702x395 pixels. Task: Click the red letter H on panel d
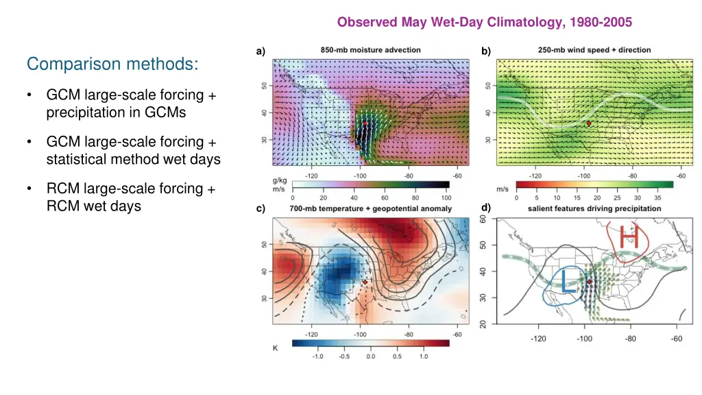coord(629,238)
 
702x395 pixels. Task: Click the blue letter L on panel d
coord(568,281)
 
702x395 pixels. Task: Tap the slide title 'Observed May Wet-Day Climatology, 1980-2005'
coord(484,22)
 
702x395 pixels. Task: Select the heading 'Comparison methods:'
coord(113,64)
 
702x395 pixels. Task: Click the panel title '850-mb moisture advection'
coord(371,50)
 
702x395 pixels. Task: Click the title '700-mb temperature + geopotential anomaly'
coord(370,208)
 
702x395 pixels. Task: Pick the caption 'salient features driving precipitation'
coord(594,208)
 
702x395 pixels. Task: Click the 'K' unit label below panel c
coord(276,348)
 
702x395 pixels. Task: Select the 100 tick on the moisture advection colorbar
coord(447,197)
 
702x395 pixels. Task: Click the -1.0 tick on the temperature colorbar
coord(318,357)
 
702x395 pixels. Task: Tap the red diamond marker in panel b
coord(589,123)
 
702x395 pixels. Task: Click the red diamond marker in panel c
coord(365,282)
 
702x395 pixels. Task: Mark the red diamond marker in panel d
coord(590,281)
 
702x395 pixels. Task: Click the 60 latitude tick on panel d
coord(483,219)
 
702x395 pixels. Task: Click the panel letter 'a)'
coord(260,51)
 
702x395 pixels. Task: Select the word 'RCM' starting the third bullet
coord(62,189)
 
